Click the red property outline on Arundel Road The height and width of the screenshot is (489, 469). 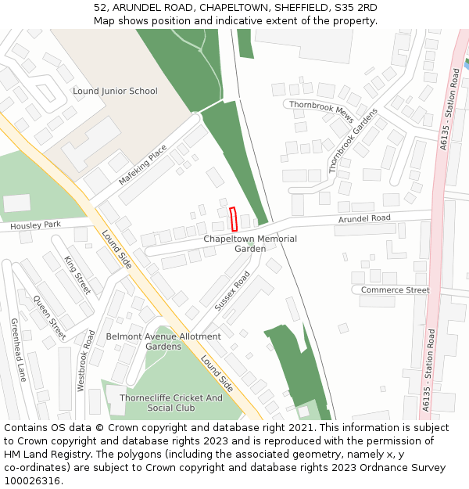[x=233, y=218]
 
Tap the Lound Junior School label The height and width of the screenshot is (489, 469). [x=115, y=92]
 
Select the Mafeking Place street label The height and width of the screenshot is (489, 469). [x=143, y=165]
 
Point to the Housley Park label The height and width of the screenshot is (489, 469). [x=35, y=225]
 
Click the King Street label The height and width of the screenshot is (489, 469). [x=77, y=275]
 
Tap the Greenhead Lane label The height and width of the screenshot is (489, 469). [x=18, y=350]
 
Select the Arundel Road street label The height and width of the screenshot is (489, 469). [x=364, y=219]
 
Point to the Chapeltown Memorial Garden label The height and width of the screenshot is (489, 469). [x=250, y=243]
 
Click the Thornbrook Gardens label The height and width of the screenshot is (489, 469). [x=353, y=140]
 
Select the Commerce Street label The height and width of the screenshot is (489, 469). [x=395, y=290]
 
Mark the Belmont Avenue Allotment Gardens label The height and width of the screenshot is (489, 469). [x=163, y=341]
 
